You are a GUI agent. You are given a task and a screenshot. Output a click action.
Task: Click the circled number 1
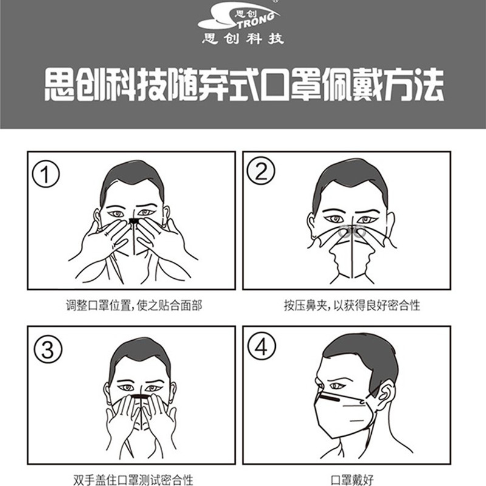pos(46,174)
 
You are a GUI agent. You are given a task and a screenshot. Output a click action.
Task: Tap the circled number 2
pos(261,171)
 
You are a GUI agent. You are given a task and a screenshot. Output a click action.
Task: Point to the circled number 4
pos(261,346)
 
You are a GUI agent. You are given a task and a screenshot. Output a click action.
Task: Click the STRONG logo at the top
pos(239,18)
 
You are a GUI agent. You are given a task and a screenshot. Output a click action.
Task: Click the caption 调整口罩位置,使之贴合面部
pos(134,306)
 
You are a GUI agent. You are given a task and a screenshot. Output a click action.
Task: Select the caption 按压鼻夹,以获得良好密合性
pos(352,306)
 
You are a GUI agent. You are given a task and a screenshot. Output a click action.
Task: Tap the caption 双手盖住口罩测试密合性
pos(133,480)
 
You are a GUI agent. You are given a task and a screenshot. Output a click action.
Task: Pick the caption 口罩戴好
pos(352,480)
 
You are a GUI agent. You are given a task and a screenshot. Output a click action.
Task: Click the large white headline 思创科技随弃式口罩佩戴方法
pos(244,84)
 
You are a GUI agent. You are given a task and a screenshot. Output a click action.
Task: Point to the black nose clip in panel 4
pos(330,398)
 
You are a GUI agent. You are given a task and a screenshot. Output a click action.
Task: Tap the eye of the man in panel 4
pos(337,386)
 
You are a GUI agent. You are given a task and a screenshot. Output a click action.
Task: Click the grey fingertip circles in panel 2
pos(352,231)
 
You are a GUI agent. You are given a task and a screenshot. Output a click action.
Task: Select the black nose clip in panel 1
pos(134,221)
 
